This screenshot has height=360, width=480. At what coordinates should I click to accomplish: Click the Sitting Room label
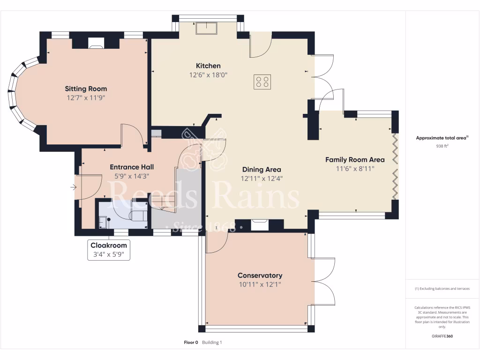click(x=86, y=89)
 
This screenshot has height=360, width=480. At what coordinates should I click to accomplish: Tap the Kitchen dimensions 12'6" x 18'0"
click(x=208, y=75)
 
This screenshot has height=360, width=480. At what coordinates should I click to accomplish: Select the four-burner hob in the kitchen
click(x=262, y=82)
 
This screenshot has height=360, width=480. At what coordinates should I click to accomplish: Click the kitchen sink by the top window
click(x=207, y=29)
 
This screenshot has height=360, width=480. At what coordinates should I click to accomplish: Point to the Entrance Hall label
click(x=132, y=167)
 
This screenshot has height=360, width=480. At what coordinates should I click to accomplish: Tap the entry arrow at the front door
click(x=73, y=187)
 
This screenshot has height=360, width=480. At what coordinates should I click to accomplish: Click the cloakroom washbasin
click(x=103, y=222)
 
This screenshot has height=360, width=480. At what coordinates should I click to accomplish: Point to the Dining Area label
click(x=262, y=170)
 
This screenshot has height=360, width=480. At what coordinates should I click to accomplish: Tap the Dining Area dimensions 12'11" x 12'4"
click(x=262, y=179)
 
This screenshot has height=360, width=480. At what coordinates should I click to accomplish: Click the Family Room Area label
click(x=355, y=160)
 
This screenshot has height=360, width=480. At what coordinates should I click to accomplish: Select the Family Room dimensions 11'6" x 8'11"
click(x=355, y=169)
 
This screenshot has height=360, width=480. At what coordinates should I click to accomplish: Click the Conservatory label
click(x=260, y=276)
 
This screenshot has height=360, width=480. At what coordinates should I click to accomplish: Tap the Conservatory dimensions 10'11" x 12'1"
click(x=260, y=285)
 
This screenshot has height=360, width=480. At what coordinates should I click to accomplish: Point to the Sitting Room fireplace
click(x=96, y=44)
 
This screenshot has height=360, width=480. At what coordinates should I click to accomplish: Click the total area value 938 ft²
click(x=442, y=146)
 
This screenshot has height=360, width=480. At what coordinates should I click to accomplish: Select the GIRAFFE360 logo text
click(x=442, y=336)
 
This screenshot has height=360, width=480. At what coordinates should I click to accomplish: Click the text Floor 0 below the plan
click(x=191, y=343)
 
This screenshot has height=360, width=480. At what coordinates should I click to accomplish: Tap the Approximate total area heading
click(x=442, y=138)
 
